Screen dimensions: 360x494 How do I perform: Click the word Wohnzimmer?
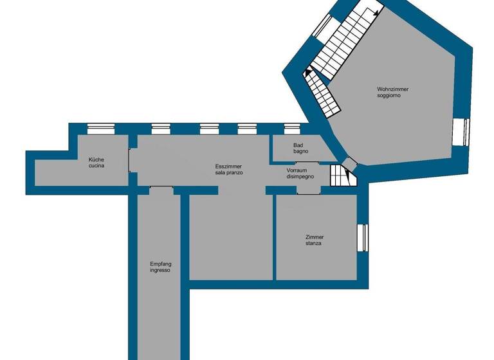click(x=393, y=89)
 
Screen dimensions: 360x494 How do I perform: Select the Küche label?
click(x=96, y=159)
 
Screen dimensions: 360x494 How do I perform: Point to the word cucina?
click(x=96, y=166)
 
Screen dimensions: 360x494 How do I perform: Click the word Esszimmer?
click(x=228, y=166)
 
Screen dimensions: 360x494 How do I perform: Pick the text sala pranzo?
click(x=228, y=174)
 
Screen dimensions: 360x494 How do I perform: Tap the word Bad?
click(x=297, y=145)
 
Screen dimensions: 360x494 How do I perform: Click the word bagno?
click(x=300, y=152)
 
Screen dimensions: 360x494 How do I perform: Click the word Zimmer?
click(x=315, y=237)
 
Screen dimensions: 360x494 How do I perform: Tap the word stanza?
click(x=314, y=244)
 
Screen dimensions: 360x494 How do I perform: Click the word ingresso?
click(x=160, y=271)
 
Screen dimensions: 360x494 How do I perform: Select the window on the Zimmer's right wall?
click(x=362, y=237)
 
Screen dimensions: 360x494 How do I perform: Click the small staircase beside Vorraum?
click(x=339, y=175)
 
